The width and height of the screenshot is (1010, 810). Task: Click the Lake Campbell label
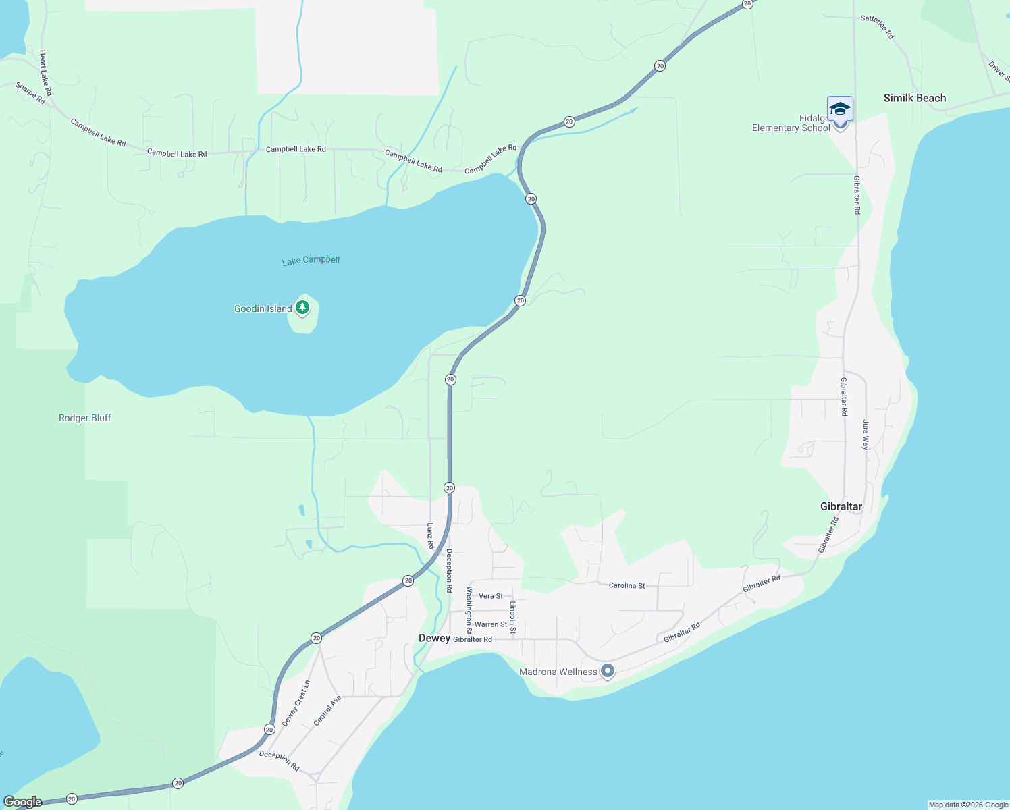pyautogui.click(x=311, y=260)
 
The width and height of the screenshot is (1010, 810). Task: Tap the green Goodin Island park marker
pyautogui.click(x=303, y=308)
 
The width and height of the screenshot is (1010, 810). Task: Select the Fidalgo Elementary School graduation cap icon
pyautogui.click(x=840, y=109)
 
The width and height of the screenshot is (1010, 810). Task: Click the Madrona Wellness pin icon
pyautogui.click(x=608, y=671)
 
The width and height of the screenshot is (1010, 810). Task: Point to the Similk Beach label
pyautogui.click(x=915, y=99)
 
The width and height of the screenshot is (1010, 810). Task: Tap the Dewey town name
pyautogui.click(x=434, y=638)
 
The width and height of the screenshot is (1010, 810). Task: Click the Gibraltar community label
pyautogui.click(x=841, y=506)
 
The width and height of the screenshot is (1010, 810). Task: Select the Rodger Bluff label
pyautogui.click(x=85, y=418)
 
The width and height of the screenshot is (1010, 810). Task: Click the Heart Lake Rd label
pyautogui.click(x=45, y=72)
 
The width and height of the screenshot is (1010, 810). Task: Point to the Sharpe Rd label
pyautogui.click(x=30, y=93)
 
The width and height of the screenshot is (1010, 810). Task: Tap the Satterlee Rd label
pyautogui.click(x=877, y=27)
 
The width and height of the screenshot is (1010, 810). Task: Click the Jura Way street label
pyautogui.click(x=866, y=435)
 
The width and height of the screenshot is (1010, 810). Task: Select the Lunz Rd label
pyautogui.click(x=430, y=535)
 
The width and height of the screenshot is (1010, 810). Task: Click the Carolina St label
pyautogui.click(x=627, y=585)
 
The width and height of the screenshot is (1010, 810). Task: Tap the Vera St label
pyautogui.click(x=490, y=596)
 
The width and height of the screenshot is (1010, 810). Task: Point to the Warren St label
pyautogui.click(x=491, y=624)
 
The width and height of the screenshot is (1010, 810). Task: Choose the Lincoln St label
pyautogui.click(x=513, y=618)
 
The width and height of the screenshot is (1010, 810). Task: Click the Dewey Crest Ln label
pyautogui.click(x=296, y=703)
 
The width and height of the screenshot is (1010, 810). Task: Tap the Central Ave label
pyautogui.click(x=327, y=711)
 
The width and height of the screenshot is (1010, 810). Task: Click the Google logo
pyautogui.click(x=22, y=802)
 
